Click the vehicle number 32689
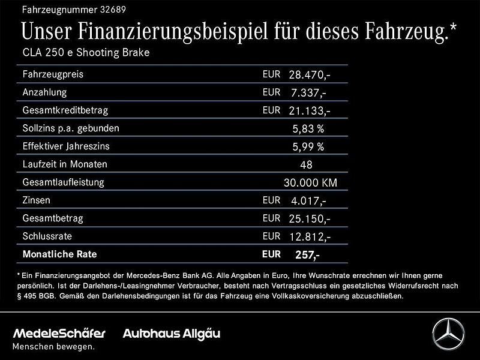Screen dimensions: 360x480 (114, 10)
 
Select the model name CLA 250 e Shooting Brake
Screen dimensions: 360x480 (85, 53)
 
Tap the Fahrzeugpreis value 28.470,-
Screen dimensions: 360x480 (310, 75)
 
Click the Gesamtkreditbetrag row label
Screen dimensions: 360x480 (65, 110)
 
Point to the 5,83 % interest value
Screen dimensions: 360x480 (308, 129)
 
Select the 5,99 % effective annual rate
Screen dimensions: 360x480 (308, 147)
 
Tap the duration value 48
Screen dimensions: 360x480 (306, 165)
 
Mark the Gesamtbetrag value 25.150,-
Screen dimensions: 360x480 (310, 219)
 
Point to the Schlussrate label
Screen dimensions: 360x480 (46, 236)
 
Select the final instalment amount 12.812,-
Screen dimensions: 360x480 (310, 237)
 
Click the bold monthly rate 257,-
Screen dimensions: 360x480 (307, 255)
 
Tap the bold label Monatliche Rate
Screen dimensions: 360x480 (59, 254)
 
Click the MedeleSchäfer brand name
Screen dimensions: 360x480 (59, 334)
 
